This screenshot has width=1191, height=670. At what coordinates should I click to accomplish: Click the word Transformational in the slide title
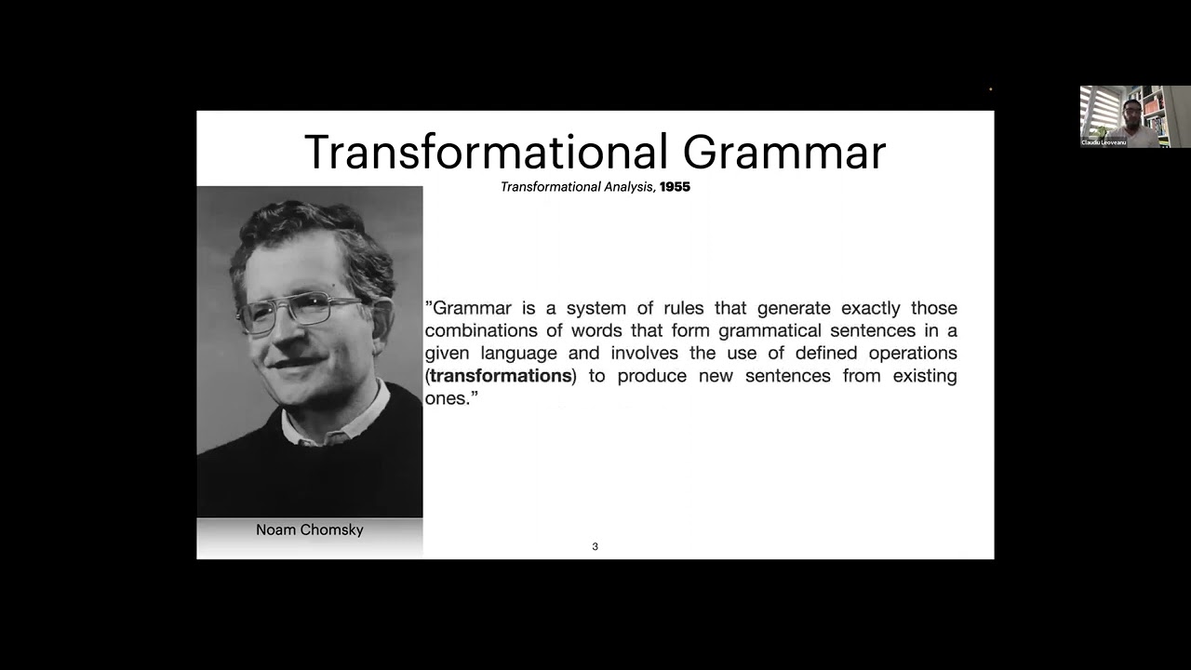click(x=486, y=152)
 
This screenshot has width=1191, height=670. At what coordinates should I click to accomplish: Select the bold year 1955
click(x=675, y=187)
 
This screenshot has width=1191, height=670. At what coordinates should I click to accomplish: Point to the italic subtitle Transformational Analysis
click(x=578, y=187)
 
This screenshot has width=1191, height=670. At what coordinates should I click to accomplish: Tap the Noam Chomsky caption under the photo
click(x=309, y=529)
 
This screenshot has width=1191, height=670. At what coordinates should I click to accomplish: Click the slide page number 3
click(x=595, y=546)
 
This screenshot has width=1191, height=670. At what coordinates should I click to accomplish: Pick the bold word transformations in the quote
click(x=501, y=376)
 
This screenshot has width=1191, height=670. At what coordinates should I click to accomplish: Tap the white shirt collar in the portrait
click(x=335, y=423)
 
